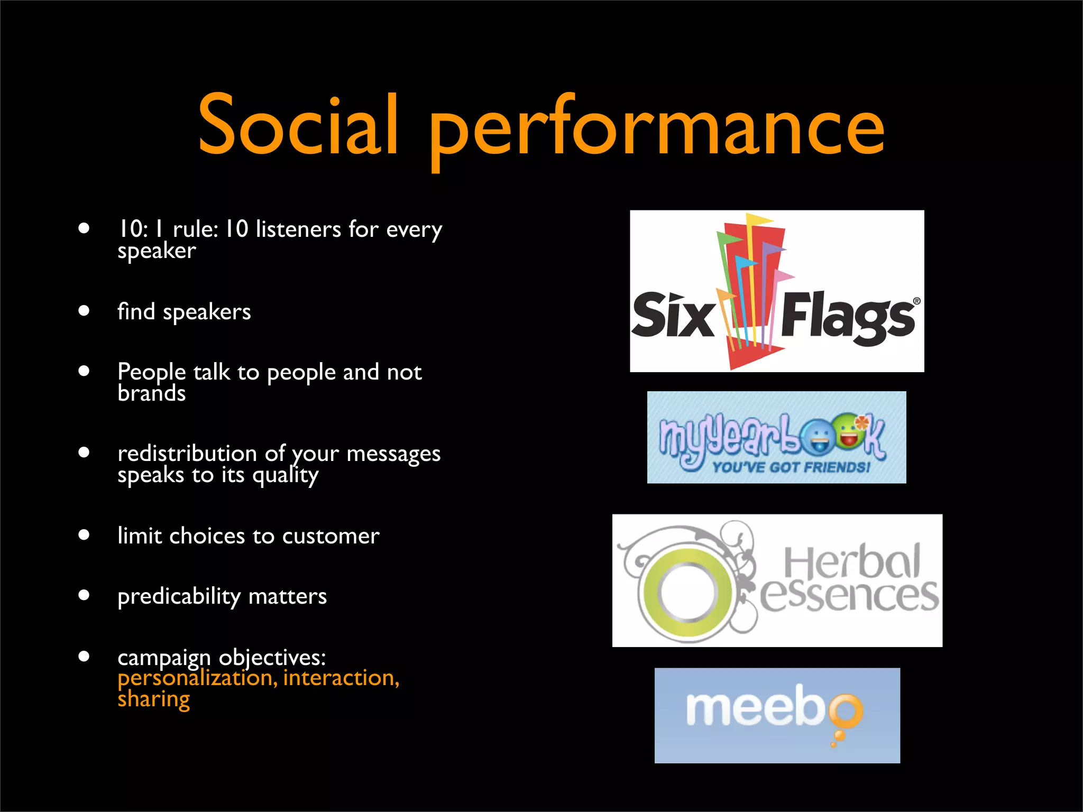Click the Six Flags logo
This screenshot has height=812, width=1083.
click(x=776, y=291)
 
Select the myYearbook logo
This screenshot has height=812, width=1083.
click(x=776, y=437)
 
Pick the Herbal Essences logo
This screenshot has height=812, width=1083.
click(x=777, y=580)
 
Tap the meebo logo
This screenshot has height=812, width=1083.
click(x=777, y=715)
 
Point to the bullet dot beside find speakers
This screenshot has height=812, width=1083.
click(x=84, y=311)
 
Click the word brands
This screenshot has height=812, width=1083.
click(x=152, y=394)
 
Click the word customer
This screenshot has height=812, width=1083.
click(x=331, y=536)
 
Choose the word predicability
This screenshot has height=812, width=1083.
click(x=179, y=596)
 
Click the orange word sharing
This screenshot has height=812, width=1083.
click(x=153, y=699)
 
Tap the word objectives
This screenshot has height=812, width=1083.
click(x=272, y=658)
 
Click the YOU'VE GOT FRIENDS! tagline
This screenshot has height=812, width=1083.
click(x=791, y=467)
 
